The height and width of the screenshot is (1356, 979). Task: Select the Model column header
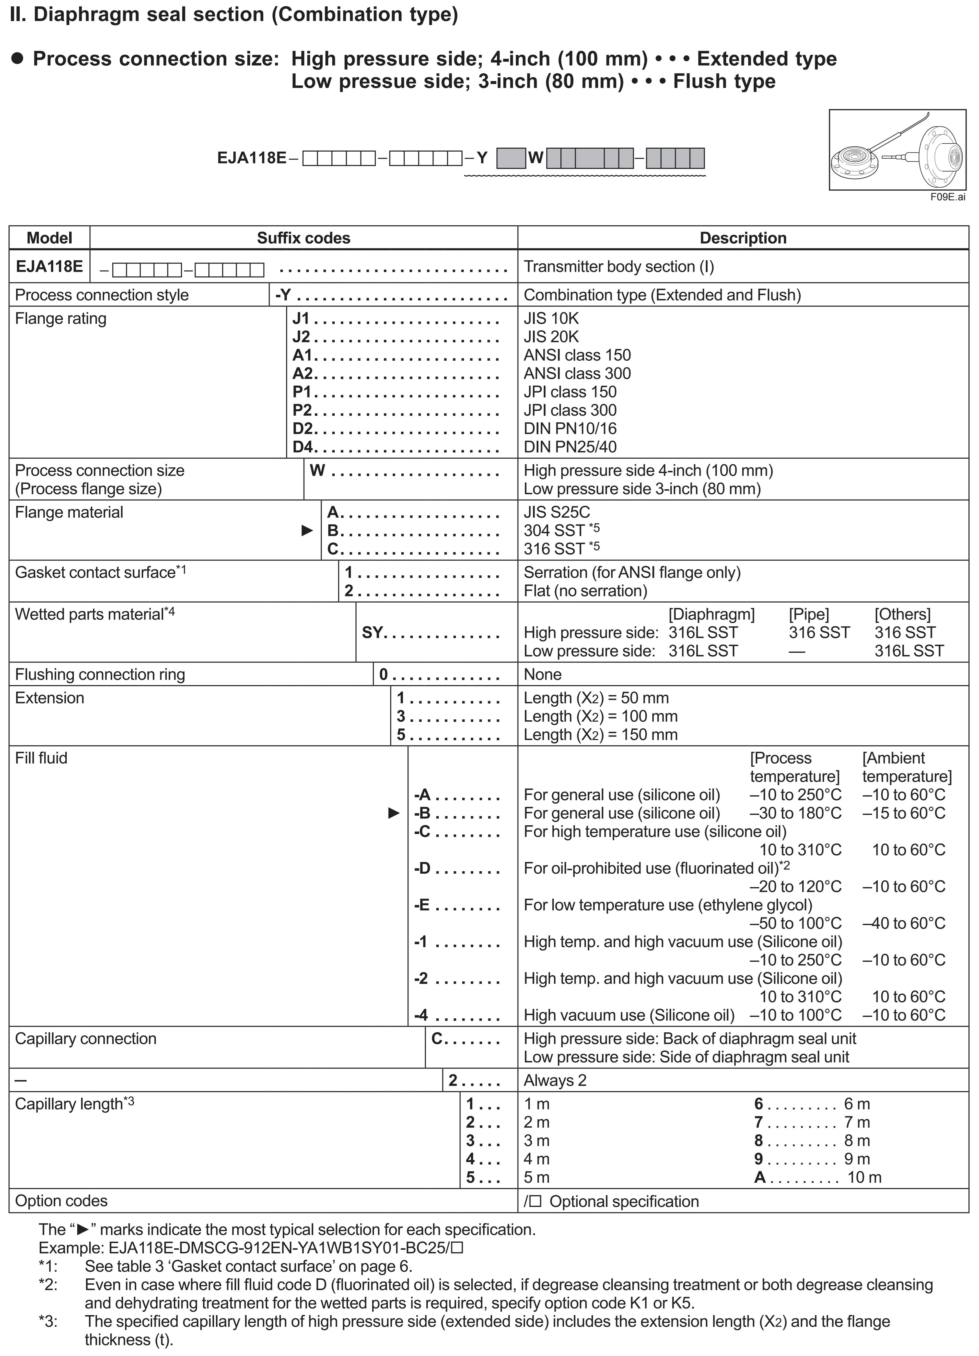click(x=50, y=238)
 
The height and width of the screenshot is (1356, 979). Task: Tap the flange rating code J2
click(x=301, y=337)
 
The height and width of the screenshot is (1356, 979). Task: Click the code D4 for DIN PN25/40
click(x=304, y=447)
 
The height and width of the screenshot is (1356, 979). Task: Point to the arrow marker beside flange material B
click(x=307, y=530)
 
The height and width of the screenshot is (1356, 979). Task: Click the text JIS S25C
click(x=557, y=512)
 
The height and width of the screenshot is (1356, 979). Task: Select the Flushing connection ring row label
click(x=100, y=674)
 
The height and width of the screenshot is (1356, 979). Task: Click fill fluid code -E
click(x=422, y=904)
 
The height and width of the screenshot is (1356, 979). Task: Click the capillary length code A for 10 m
click(x=760, y=1177)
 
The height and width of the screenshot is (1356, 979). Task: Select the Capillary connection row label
click(x=85, y=1038)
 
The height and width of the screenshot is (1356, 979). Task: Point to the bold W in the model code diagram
click(x=536, y=158)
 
